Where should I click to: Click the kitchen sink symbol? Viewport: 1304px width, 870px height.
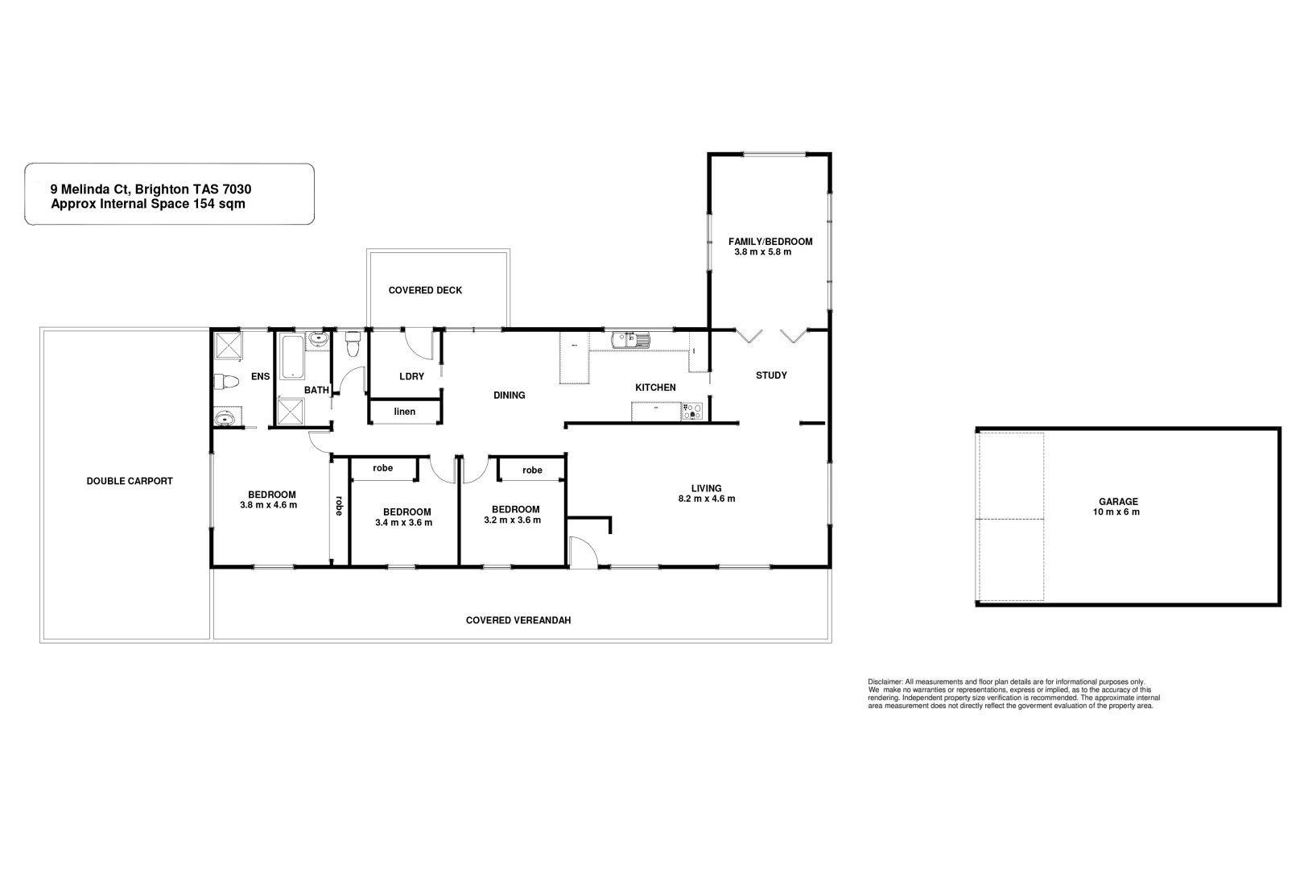point(630,340)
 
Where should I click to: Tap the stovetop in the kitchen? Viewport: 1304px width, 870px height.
point(692,412)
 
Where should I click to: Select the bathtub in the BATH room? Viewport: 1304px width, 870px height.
point(292,358)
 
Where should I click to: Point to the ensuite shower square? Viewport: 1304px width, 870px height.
point(229,346)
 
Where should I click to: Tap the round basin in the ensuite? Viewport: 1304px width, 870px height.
point(226,418)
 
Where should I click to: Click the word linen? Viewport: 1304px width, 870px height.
point(405,412)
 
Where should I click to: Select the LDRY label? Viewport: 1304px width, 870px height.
point(411,376)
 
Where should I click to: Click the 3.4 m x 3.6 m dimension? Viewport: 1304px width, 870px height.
point(404,522)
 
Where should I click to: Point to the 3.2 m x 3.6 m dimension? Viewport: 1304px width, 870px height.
point(512,520)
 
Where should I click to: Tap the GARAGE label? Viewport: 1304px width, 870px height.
point(1118,501)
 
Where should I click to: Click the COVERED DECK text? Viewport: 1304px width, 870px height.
point(425,290)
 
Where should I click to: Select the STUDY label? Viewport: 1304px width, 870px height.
point(771,375)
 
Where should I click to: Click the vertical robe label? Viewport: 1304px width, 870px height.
point(339,505)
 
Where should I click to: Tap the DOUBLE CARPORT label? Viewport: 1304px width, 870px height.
point(130,481)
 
